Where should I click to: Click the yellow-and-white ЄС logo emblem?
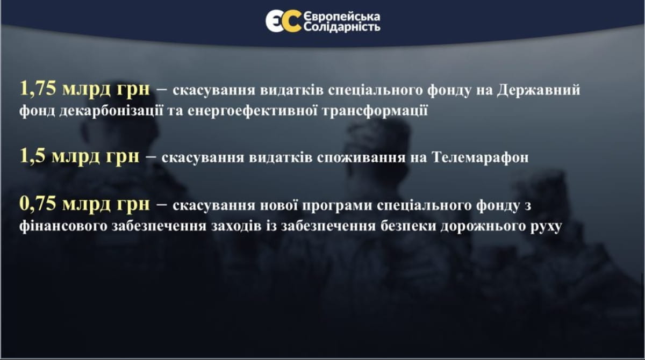[284, 21]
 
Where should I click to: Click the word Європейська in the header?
[342, 17]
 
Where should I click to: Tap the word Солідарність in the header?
[342, 27]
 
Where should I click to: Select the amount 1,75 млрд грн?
[85, 89]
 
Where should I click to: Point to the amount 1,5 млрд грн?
[79, 156]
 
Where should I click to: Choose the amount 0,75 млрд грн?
[85, 204]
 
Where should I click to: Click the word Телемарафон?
[481, 157]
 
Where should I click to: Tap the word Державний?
[539, 90]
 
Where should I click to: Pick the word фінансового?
[63, 226]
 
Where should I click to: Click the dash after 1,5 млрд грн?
[151, 157]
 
